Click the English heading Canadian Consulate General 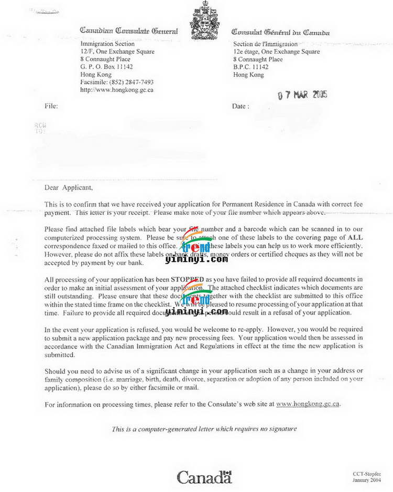(x=129, y=32)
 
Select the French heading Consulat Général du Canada (x=280, y=33)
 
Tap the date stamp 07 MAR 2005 (x=302, y=95)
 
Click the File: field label (x=51, y=106)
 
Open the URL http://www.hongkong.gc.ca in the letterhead (x=116, y=90)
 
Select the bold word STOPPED (x=188, y=279)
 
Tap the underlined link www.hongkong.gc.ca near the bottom (x=308, y=404)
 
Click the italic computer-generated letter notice (x=204, y=429)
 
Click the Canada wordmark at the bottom (x=204, y=477)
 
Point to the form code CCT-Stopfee (x=366, y=473)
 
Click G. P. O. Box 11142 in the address (x=106, y=67)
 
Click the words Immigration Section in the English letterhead (x=107, y=44)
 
